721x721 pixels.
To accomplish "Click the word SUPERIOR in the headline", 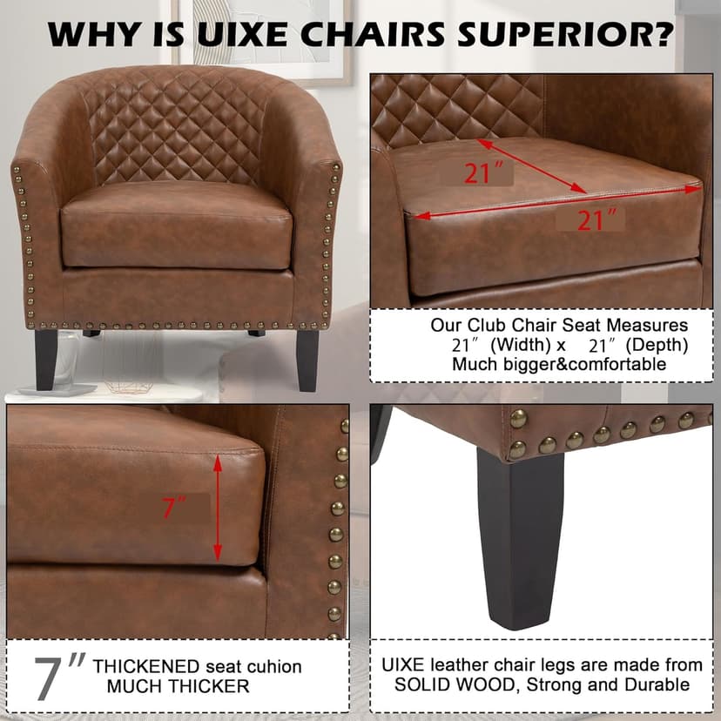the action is pyautogui.click(x=565, y=34).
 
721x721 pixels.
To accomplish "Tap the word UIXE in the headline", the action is pyautogui.click(x=243, y=34).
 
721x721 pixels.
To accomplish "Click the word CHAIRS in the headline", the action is pyautogui.click(x=373, y=34).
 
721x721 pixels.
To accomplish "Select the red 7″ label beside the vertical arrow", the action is pyautogui.click(x=174, y=508).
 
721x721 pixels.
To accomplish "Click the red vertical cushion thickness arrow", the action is pyautogui.click(x=218, y=509).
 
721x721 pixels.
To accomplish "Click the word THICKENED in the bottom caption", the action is pyautogui.click(x=145, y=666).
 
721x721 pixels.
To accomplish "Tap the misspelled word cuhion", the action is pyautogui.click(x=274, y=666).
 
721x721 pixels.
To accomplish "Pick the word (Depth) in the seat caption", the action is pyautogui.click(x=657, y=345).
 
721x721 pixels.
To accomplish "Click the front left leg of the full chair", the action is pyautogui.click(x=46, y=360).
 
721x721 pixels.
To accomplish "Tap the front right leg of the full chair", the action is pyautogui.click(x=307, y=360).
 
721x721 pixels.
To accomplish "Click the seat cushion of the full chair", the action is pyautogui.click(x=177, y=226).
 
